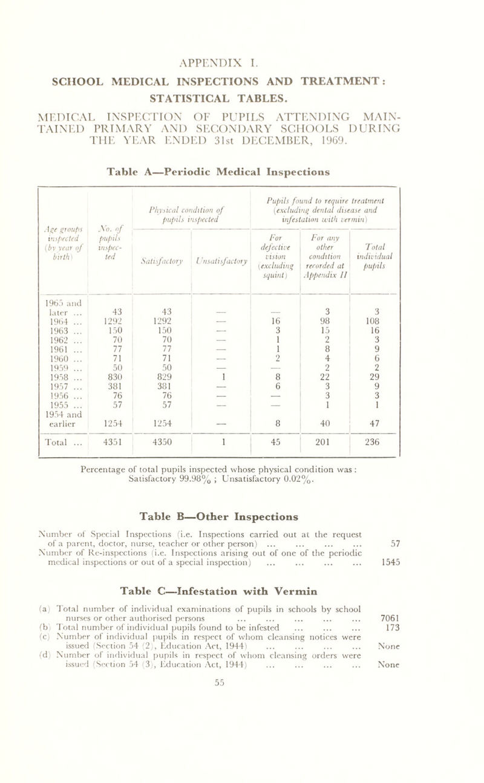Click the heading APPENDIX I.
[241, 62]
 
